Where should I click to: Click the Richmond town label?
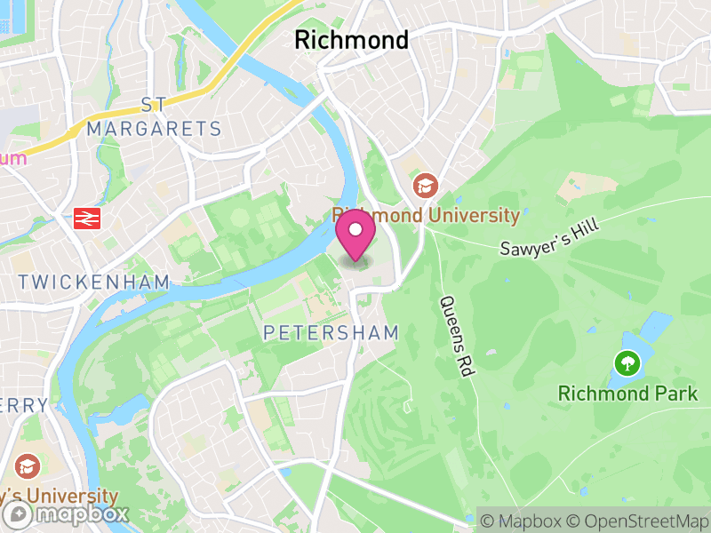point(351,40)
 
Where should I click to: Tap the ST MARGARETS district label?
point(154,117)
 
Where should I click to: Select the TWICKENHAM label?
point(93,282)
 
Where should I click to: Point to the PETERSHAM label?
point(332,332)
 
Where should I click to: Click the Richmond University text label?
point(426,215)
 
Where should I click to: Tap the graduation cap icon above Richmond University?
point(426,186)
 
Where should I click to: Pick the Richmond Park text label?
point(627,393)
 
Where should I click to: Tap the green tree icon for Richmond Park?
point(627,362)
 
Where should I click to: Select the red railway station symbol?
point(87,218)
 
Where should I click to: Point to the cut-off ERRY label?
point(24,405)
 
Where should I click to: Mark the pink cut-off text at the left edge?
point(12,158)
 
